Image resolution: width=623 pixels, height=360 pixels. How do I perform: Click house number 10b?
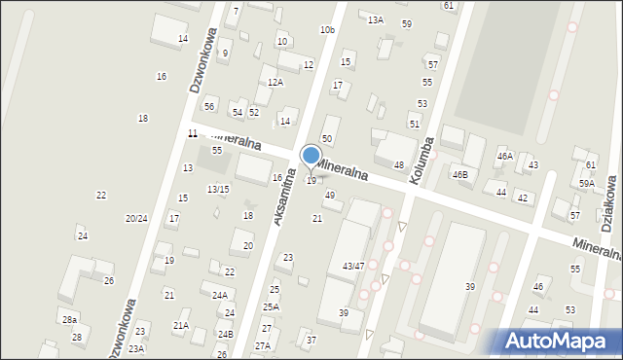click(x=327, y=30)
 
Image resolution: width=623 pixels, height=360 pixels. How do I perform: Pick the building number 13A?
click(x=375, y=19)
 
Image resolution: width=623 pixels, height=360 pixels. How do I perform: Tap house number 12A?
click(x=275, y=83)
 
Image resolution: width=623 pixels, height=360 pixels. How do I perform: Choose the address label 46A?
click(x=504, y=156)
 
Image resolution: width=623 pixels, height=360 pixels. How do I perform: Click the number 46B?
click(x=459, y=175)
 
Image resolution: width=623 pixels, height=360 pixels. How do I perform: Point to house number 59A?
click(x=587, y=183)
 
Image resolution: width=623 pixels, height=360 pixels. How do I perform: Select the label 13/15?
click(x=218, y=189)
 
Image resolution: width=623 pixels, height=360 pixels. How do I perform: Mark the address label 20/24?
click(x=136, y=219)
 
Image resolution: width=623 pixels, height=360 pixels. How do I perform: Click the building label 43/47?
click(x=353, y=266)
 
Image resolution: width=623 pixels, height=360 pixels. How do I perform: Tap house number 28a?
click(x=69, y=320)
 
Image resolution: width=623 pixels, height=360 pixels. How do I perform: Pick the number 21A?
click(x=181, y=326)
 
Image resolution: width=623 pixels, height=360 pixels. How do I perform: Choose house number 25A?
click(x=271, y=306)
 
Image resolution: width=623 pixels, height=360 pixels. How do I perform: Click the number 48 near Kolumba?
click(x=398, y=165)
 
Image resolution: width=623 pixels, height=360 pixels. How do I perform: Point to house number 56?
click(x=209, y=106)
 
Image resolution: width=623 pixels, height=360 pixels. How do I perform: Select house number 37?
click(x=311, y=340)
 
